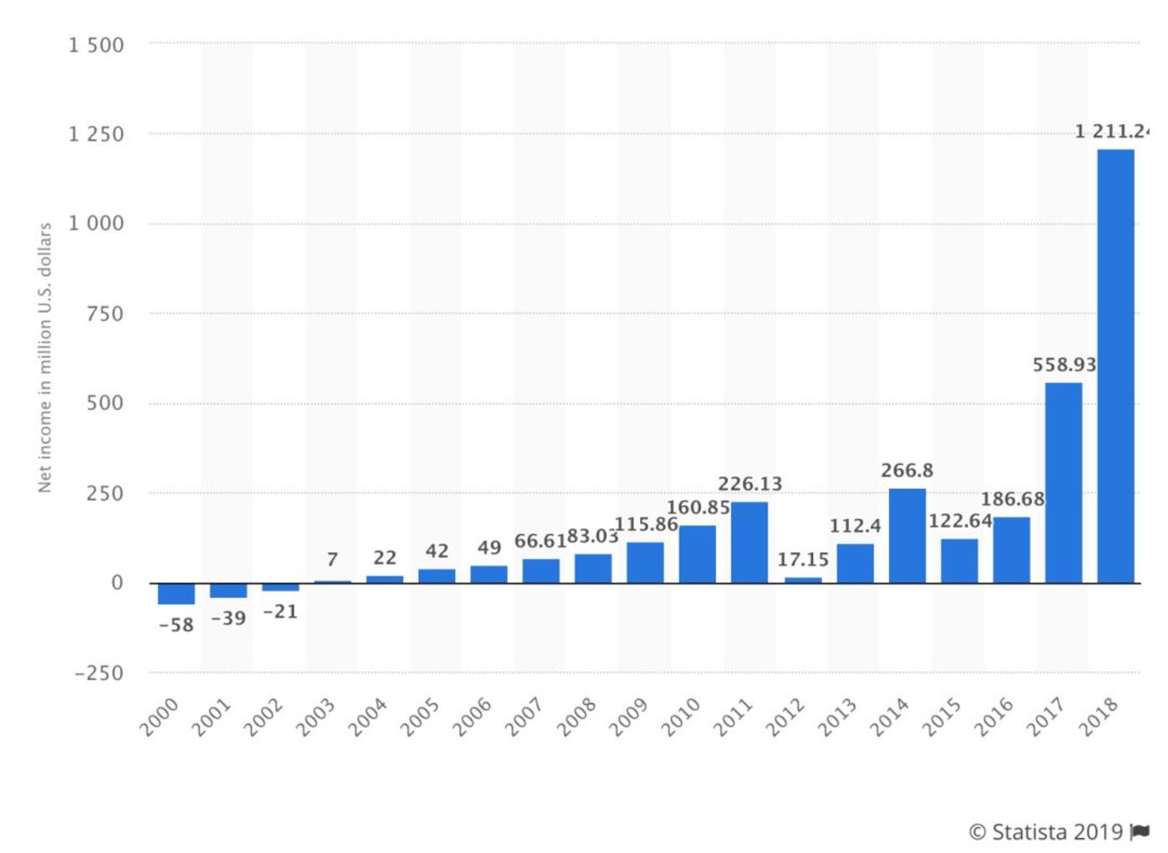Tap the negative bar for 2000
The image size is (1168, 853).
coord(176,593)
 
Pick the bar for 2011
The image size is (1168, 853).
coord(749,542)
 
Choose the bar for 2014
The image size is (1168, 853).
coord(907,535)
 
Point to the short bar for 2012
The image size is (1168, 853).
coord(802,579)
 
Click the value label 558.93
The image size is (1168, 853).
coord(1064,365)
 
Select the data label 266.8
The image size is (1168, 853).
coord(907,471)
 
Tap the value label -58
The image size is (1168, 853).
coord(176,625)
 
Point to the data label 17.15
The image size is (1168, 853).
coord(802,559)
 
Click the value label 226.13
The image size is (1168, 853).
coord(750,484)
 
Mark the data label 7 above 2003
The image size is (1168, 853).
coord(332,559)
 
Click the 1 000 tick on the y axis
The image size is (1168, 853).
coord(96,224)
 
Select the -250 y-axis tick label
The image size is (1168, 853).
coord(99,674)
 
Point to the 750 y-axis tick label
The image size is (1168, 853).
coord(104,314)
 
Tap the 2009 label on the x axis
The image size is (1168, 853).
coord(630,717)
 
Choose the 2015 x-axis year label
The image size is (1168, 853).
coord(943,717)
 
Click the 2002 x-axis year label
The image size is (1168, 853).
coord(264,717)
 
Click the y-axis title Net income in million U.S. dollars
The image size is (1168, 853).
coord(45,357)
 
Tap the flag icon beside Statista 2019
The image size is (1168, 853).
coord(1140,831)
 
